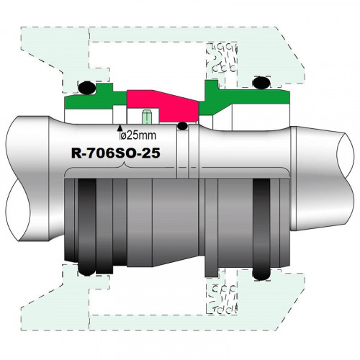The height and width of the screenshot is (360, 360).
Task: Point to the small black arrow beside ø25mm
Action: click(x=118, y=132)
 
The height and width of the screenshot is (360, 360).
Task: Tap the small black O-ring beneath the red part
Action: click(x=184, y=127)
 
